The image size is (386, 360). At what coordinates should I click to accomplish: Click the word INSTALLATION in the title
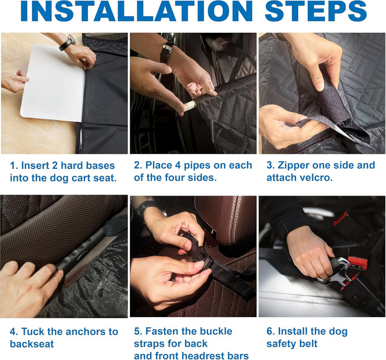click(137, 11)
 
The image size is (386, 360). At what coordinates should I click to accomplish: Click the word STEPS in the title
click(316, 11)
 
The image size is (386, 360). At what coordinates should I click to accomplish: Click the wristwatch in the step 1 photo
click(67, 42)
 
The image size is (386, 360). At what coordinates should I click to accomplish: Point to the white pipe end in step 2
click(190, 106)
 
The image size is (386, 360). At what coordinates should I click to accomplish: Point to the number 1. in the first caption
click(14, 166)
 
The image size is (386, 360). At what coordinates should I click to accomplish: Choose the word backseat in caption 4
click(32, 344)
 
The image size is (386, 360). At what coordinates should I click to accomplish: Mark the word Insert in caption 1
click(35, 166)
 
